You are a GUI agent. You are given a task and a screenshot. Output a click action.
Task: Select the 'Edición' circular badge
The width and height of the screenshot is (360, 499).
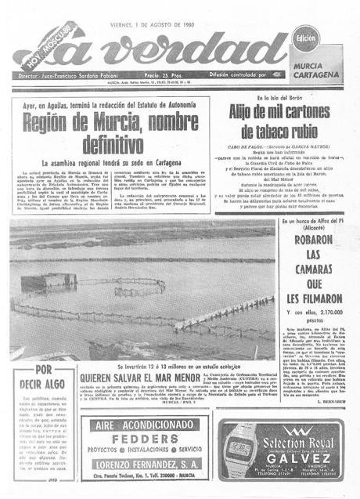click(x=306, y=39)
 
